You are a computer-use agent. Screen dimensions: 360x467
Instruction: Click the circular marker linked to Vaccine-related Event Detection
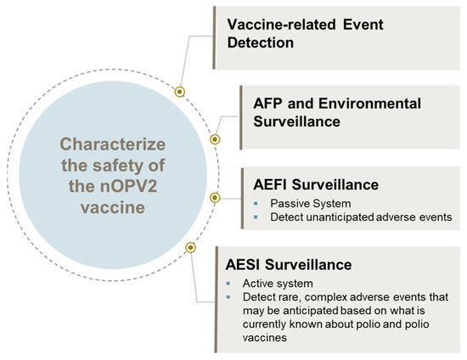179,90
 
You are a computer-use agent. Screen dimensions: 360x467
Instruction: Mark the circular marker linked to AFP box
215,138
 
